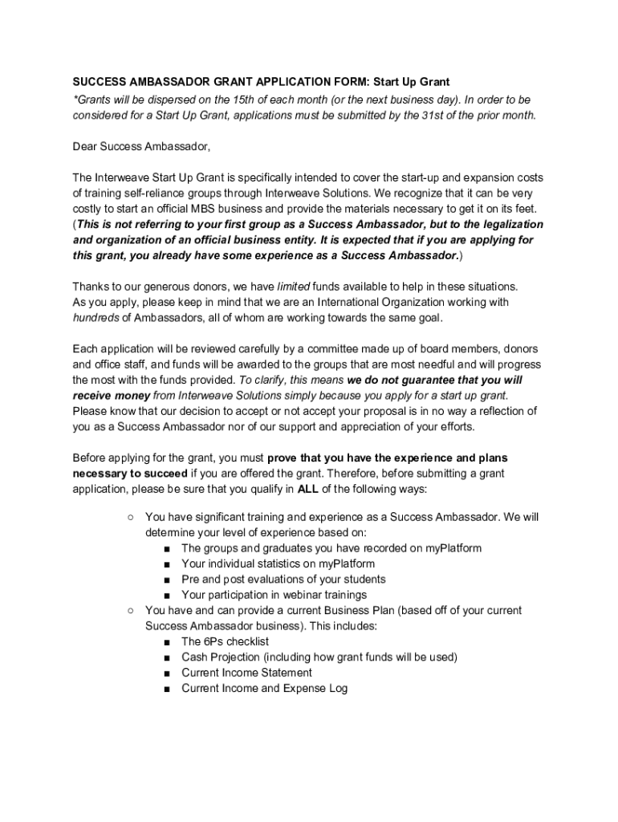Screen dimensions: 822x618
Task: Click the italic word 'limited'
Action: tap(294, 287)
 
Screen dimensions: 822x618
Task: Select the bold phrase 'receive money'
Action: tap(111, 396)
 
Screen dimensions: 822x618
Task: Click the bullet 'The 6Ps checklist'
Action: tap(226, 641)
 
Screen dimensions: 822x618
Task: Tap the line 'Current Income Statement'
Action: tap(247, 673)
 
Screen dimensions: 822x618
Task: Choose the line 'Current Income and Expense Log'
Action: tap(265, 688)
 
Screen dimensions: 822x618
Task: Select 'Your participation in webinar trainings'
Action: tap(274, 595)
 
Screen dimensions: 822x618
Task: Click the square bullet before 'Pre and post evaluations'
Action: tap(166, 580)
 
